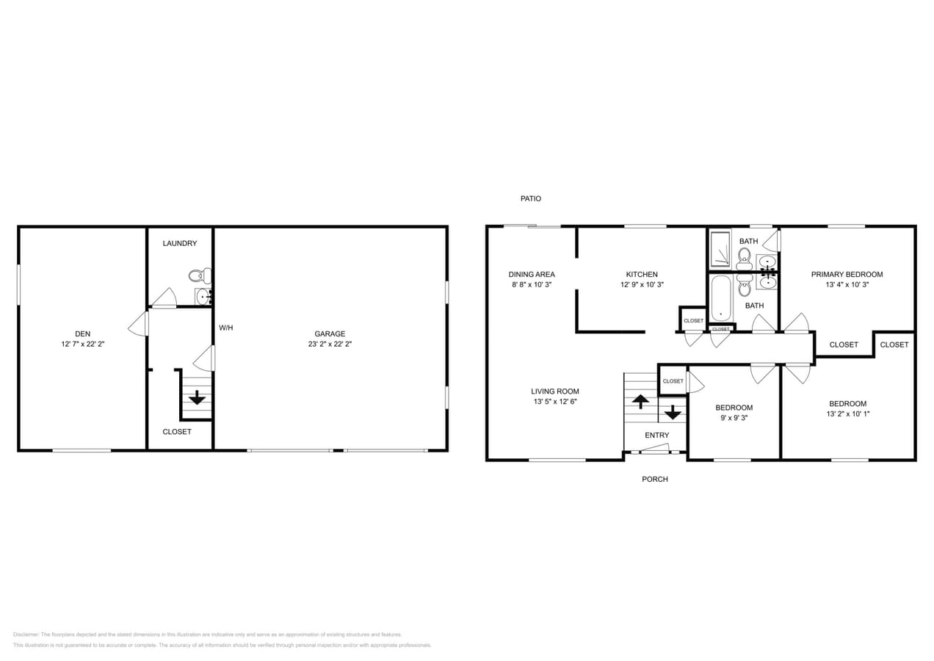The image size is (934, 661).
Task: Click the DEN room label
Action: (x=82, y=333)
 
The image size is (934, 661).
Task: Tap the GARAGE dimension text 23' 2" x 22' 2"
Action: (x=330, y=344)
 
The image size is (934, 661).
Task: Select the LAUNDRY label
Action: (x=179, y=243)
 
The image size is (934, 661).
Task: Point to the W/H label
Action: (x=225, y=328)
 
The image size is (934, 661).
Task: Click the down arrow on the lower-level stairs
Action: (x=197, y=397)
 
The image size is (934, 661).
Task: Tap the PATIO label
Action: (x=530, y=199)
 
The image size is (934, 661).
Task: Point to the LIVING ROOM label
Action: (x=555, y=391)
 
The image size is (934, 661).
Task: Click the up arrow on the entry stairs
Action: (x=640, y=401)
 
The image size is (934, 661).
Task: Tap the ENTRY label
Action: (x=656, y=436)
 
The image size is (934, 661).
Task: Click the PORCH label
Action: (x=654, y=480)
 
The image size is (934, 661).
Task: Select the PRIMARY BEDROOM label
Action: (x=847, y=275)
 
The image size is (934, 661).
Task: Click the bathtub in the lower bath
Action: (x=721, y=298)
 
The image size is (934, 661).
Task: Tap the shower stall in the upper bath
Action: (x=720, y=249)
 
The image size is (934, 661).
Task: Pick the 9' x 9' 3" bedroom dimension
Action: (x=734, y=418)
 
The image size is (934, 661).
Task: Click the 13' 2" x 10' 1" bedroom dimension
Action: (x=847, y=413)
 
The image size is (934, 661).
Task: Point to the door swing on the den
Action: (x=138, y=324)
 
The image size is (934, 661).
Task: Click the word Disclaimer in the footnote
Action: (x=26, y=635)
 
